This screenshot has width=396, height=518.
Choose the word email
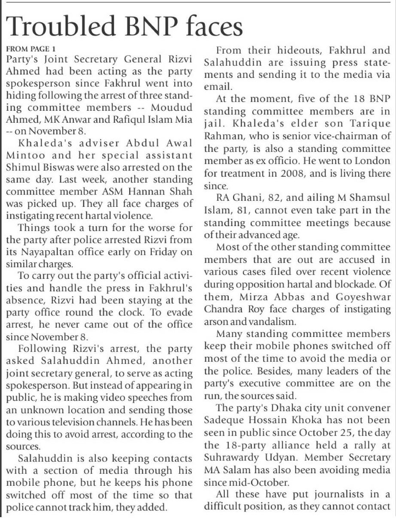coord(214,86)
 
